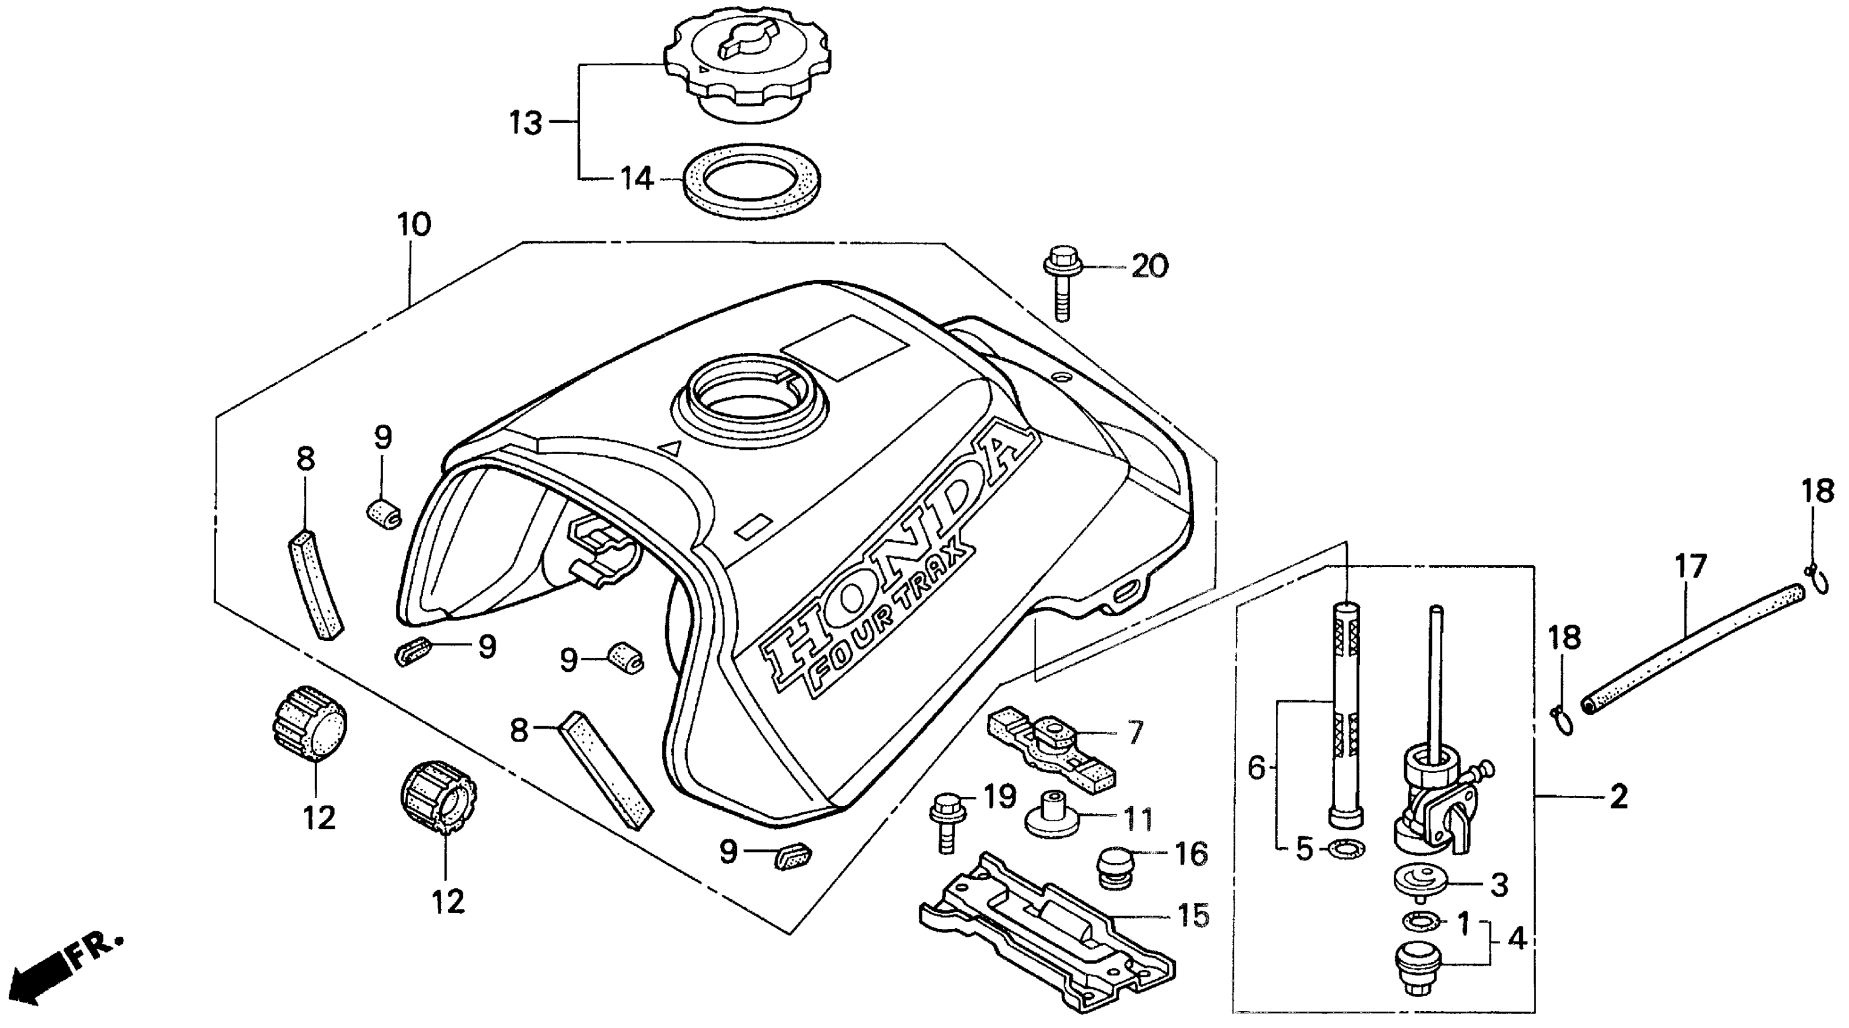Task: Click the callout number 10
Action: tap(414, 224)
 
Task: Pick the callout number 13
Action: tap(525, 123)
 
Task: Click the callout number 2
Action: tap(1618, 796)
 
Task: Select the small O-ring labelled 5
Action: tap(1347, 848)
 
